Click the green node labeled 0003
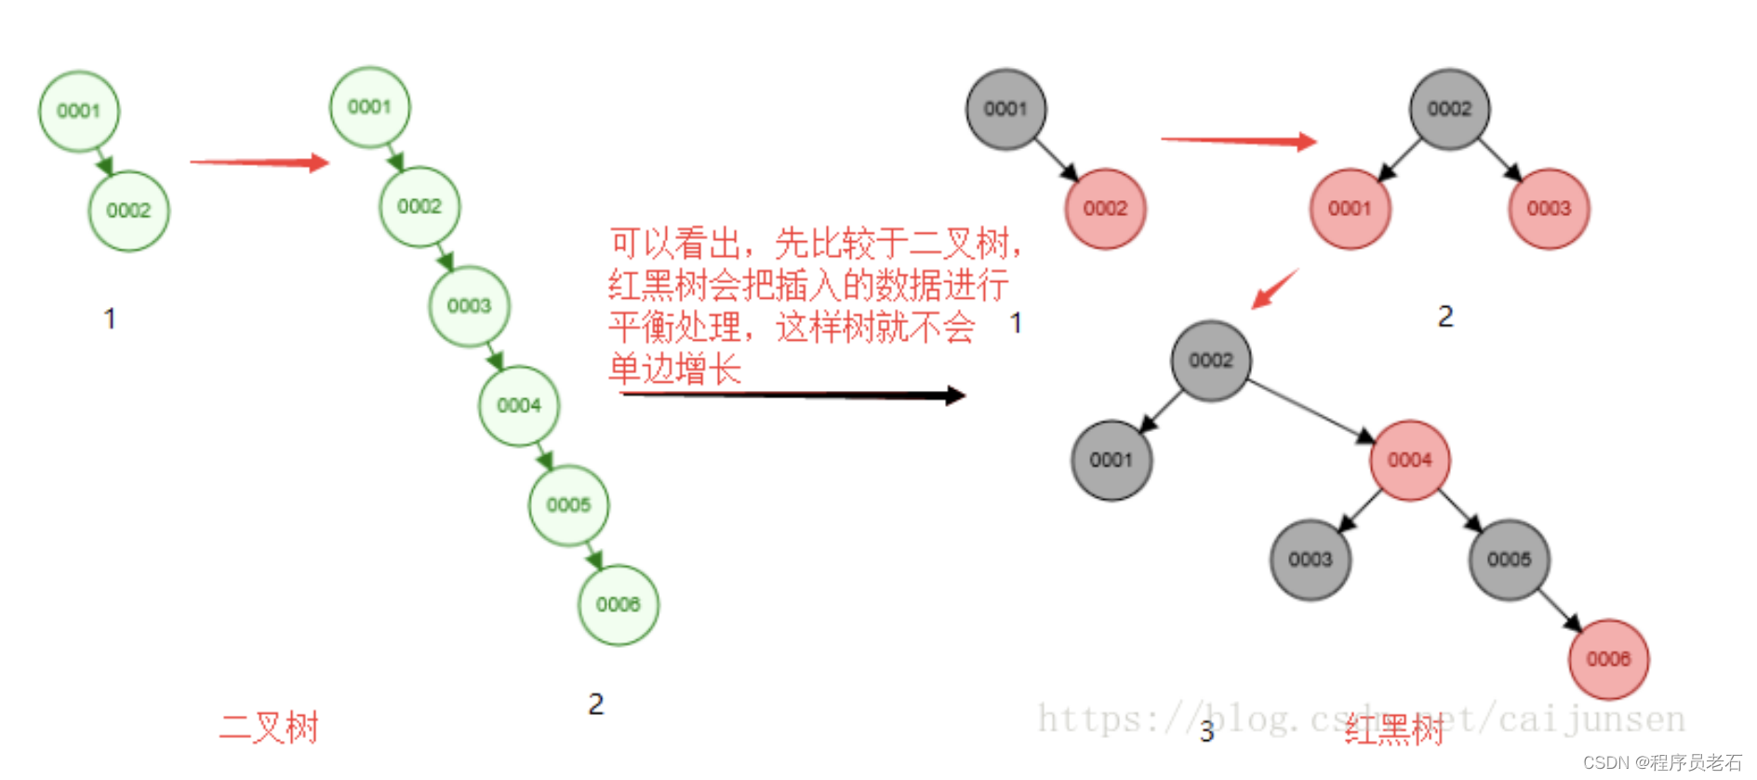coord(469,306)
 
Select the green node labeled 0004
coord(519,406)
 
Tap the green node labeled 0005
coord(568,505)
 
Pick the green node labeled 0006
coord(619,605)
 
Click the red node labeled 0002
coord(1105,208)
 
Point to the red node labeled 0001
coord(1350,208)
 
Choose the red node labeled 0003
coord(1549,208)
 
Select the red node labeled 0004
coord(1409,460)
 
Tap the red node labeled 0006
coord(1608,659)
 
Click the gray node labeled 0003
coord(1310,559)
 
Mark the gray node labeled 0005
coord(1509,559)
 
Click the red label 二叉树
coord(270,727)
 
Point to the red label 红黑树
coord(1393,730)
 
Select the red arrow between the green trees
coord(260,163)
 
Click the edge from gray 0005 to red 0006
coord(1559,610)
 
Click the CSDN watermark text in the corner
coord(1662,762)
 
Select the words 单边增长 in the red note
coord(675,370)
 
